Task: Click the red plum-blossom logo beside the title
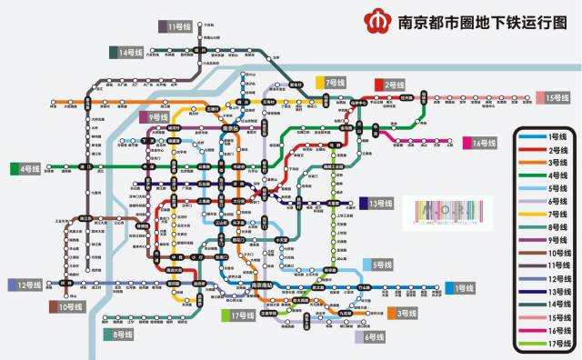(375, 20)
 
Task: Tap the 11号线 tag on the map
(176, 27)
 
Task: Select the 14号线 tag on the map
(128, 53)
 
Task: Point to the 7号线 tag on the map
(332, 82)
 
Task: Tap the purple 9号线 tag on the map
(156, 117)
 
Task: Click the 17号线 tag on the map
(239, 315)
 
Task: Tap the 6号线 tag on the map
(374, 337)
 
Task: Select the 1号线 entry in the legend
(545, 135)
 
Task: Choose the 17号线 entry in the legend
(545, 344)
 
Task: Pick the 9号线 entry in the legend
(545, 240)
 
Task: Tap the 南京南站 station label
(262, 285)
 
